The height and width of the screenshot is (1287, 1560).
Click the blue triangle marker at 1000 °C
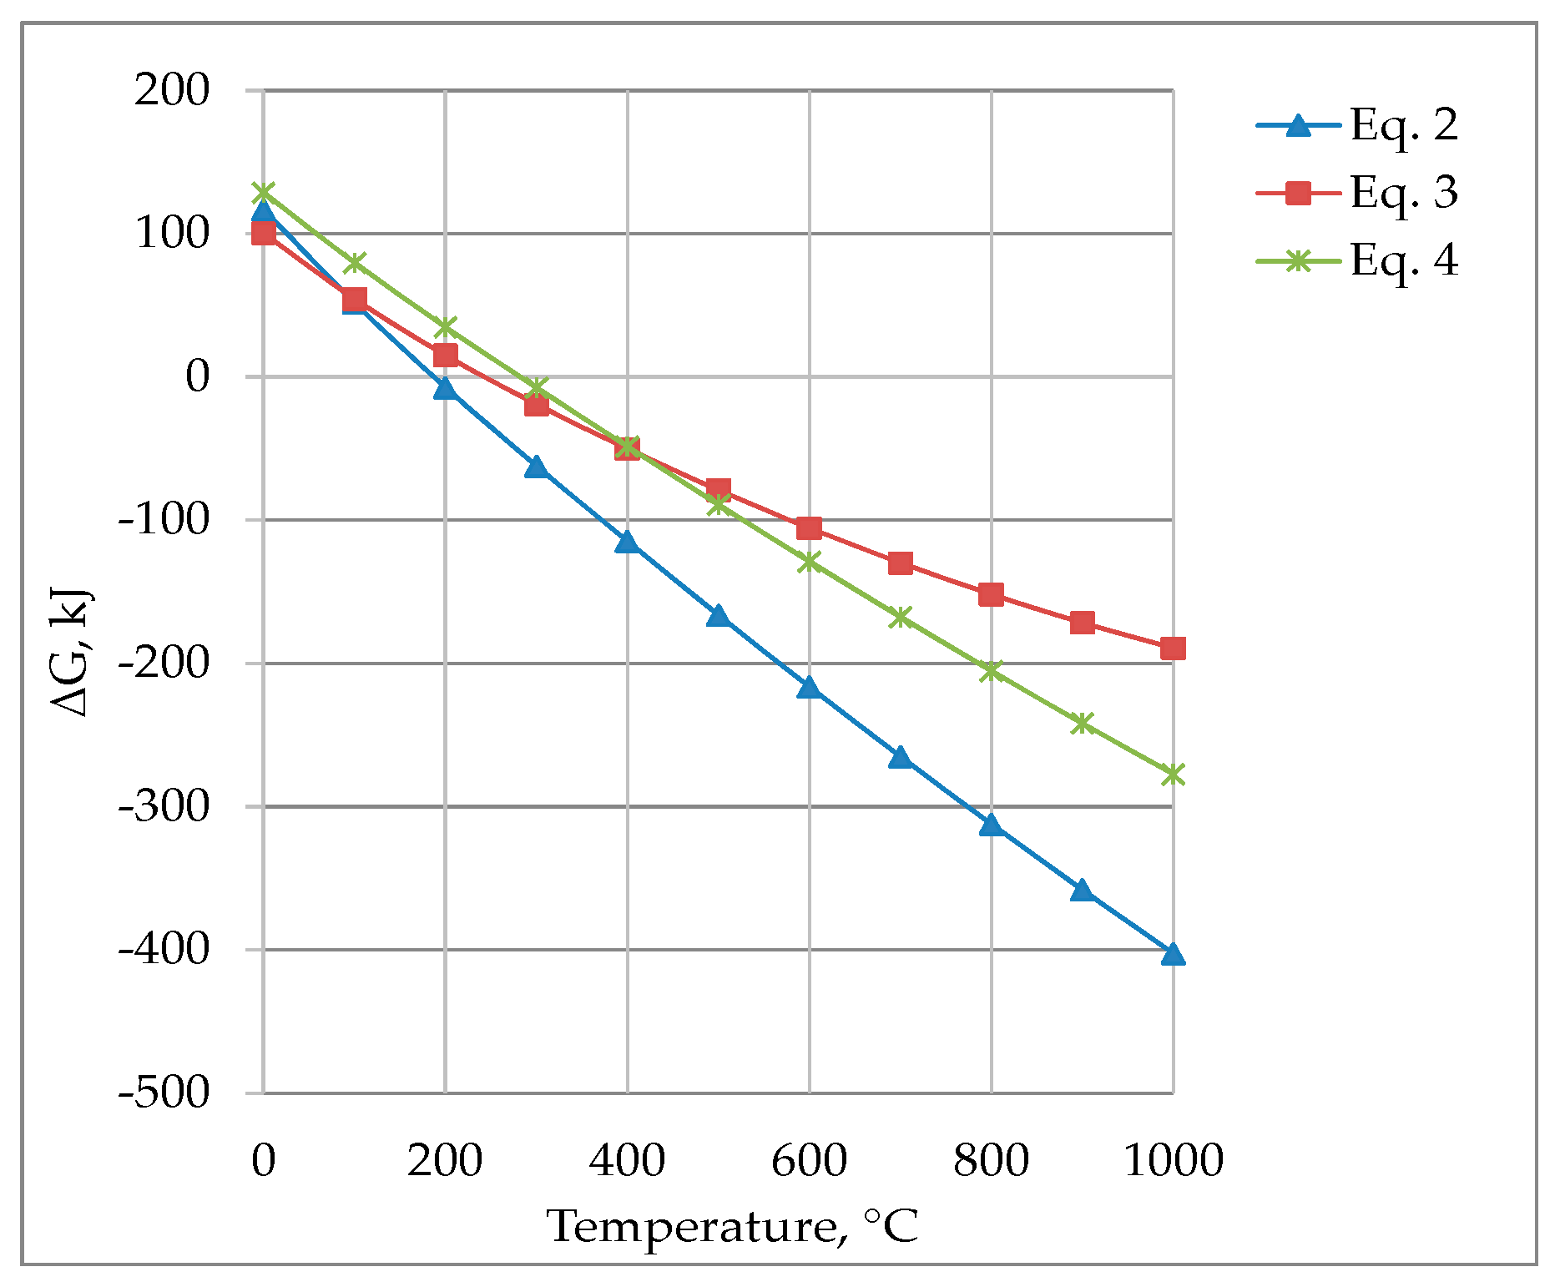(x=1173, y=954)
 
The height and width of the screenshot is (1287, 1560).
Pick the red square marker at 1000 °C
(x=1173, y=648)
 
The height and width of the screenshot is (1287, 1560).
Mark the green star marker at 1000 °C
(x=1173, y=775)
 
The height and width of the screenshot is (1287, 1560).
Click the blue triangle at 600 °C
(x=809, y=688)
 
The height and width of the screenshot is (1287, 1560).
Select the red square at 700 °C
(x=900, y=563)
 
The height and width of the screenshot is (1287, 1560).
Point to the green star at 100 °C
(x=355, y=263)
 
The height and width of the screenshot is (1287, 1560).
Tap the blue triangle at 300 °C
(x=536, y=467)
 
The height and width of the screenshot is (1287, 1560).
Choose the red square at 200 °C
(x=445, y=356)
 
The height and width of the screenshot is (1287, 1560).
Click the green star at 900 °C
(x=1082, y=723)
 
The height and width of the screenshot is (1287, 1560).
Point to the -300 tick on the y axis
(x=164, y=806)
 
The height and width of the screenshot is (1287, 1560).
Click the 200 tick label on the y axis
(x=172, y=90)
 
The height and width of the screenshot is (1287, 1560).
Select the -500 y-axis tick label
(x=164, y=1093)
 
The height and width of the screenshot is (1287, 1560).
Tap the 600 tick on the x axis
(x=809, y=1161)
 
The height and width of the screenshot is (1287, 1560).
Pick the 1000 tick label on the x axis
(x=1173, y=1161)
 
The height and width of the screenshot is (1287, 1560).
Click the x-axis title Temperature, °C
(x=733, y=1227)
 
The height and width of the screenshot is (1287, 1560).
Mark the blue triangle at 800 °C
(x=991, y=825)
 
